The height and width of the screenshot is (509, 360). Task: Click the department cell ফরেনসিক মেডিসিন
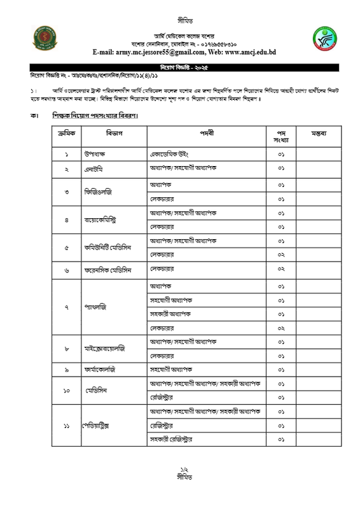108,270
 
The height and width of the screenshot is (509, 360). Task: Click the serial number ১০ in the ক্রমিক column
66,391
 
